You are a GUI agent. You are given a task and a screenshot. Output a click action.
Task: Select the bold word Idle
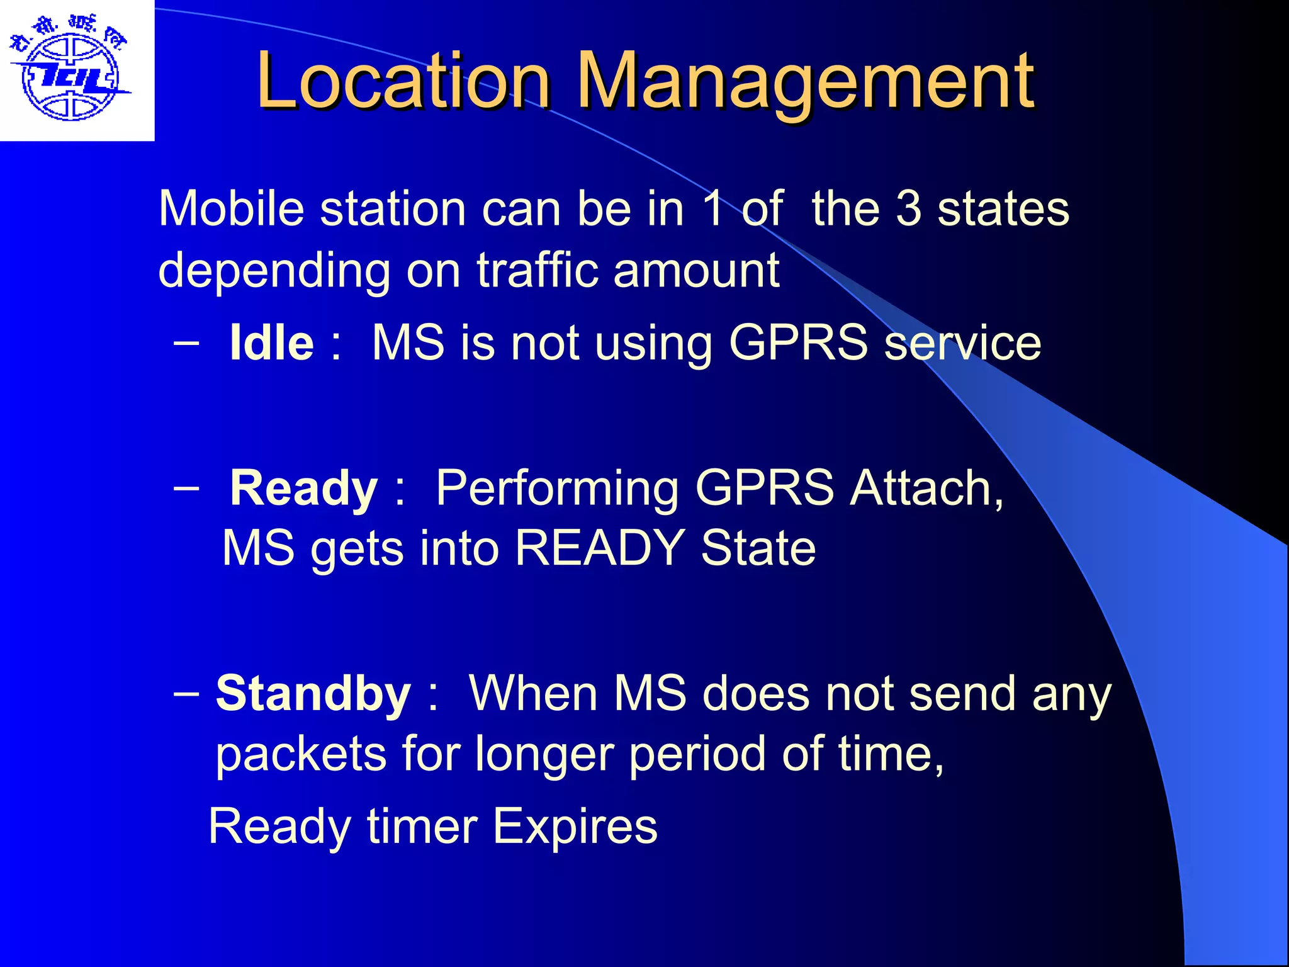pyautogui.click(x=271, y=343)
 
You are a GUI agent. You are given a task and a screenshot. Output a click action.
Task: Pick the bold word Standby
pyautogui.click(x=313, y=693)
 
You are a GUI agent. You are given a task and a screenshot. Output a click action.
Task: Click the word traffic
pyautogui.click(x=536, y=270)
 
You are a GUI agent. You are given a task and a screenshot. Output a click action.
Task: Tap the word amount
pyautogui.click(x=696, y=271)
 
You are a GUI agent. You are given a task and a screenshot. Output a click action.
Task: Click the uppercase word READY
pyautogui.click(x=600, y=548)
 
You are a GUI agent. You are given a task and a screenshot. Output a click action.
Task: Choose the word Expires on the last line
pyautogui.click(x=575, y=827)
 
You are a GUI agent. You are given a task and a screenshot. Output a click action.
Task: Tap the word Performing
pyautogui.click(x=557, y=489)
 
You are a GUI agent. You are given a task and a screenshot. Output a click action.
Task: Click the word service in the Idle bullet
pyautogui.click(x=963, y=343)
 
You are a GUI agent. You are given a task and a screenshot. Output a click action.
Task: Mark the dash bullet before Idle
pyautogui.click(x=186, y=343)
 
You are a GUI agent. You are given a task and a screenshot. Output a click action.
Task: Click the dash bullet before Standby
pyautogui.click(x=186, y=693)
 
